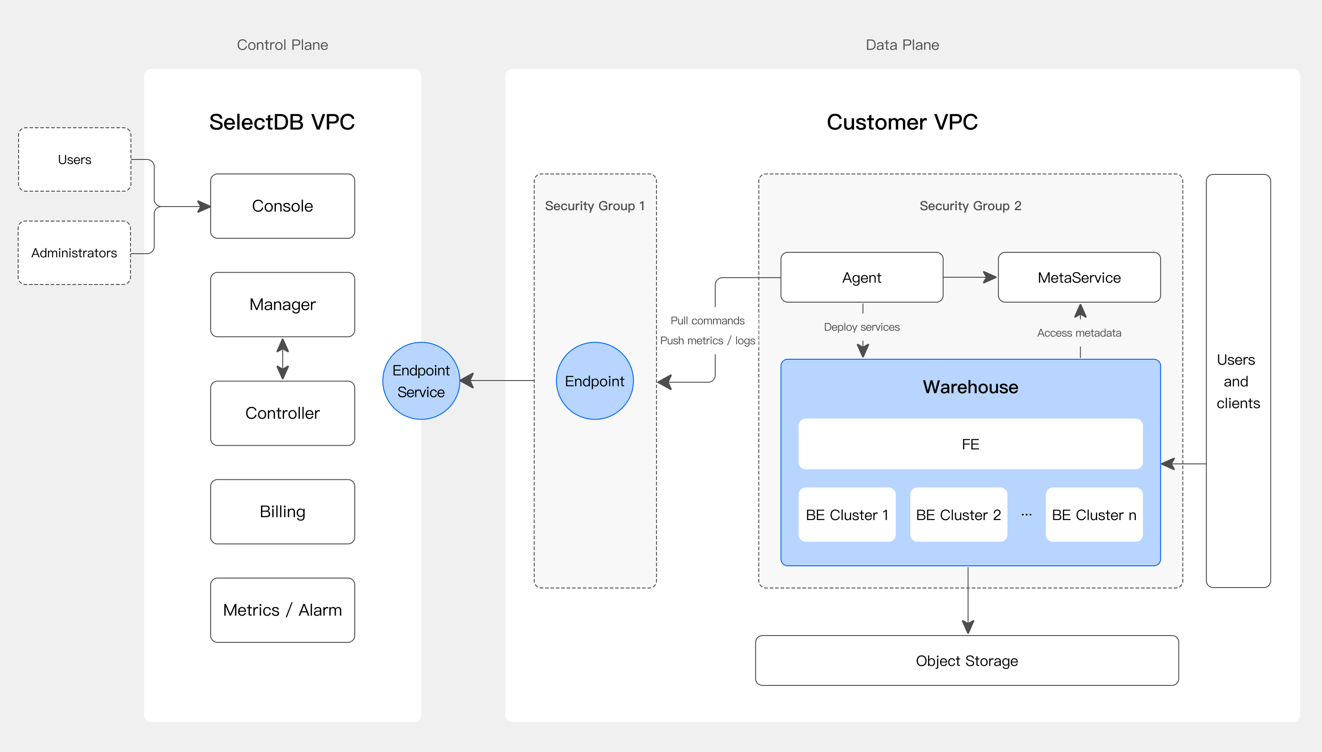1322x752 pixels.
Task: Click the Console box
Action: (282, 206)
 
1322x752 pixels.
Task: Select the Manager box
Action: (282, 304)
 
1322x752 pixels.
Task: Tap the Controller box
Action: (282, 413)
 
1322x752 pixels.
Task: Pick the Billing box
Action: (282, 511)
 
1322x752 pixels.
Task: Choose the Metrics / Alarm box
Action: (282, 610)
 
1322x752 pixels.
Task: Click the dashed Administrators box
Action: (74, 253)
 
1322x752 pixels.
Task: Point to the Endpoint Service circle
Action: (421, 381)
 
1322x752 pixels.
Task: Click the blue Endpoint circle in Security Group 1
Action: (594, 381)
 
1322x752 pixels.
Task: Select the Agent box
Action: (862, 277)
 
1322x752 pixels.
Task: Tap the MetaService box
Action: (1079, 277)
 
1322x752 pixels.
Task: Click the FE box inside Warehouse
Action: (970, 444)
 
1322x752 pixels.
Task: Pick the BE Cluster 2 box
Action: (959, 515)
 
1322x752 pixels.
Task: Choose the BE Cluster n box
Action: (1094, 515)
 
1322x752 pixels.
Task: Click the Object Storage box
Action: (967, 660)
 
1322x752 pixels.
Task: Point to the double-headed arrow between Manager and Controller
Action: (282, 359)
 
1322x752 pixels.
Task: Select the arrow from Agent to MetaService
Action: (970, 277)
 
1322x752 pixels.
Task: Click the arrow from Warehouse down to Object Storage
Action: (968, 601)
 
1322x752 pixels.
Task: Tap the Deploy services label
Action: (862, 327)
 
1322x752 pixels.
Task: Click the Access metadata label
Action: (1079, 333)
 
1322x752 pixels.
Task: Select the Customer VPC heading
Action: (902, 122)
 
